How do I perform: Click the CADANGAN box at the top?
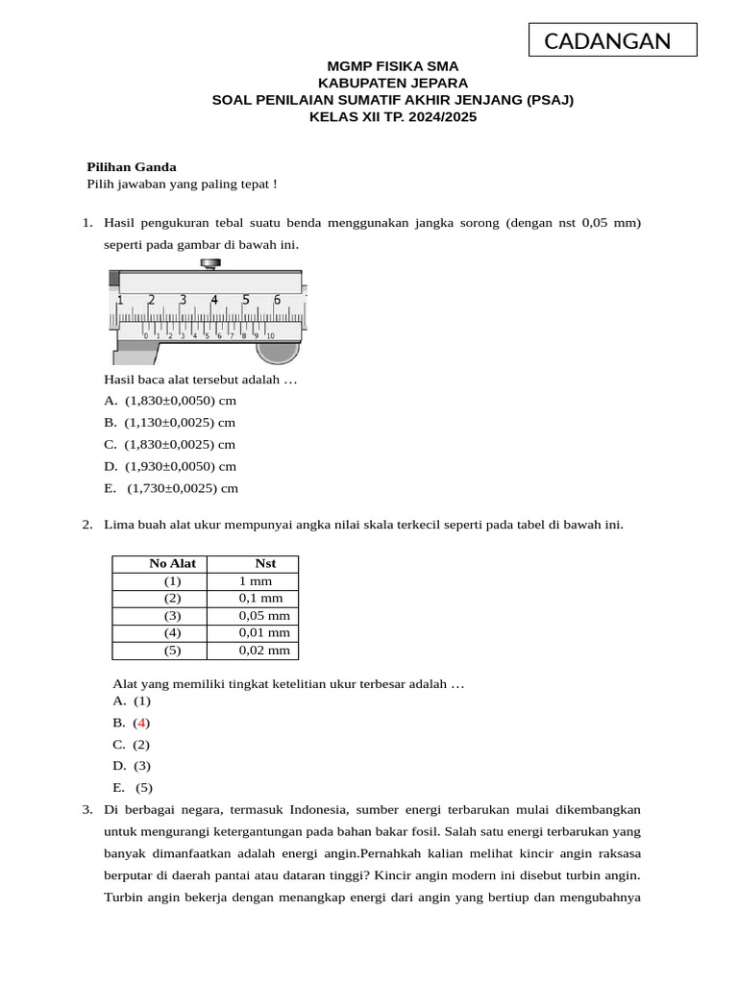click(x=612, y=40)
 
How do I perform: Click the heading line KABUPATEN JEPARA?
click(x=392, y=83)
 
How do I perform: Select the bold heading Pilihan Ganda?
click(x=132, y=166)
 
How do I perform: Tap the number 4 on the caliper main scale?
click(x=214, y=300)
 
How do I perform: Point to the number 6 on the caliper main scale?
click(x=278, y=300)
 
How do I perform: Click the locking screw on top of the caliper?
click(x=208, y=263)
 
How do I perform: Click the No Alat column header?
click(x=172, y=564)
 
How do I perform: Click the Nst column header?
click(x=265, y=564)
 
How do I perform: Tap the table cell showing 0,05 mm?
click(x=264, y=616)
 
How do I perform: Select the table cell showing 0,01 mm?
click(x=264, y=633)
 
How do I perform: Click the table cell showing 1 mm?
click(x=256, y=581)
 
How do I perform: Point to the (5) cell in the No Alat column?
click(x=172, y=651)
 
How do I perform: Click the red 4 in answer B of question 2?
click(x=142, y=723)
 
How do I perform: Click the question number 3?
click(x=86, y=809)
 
